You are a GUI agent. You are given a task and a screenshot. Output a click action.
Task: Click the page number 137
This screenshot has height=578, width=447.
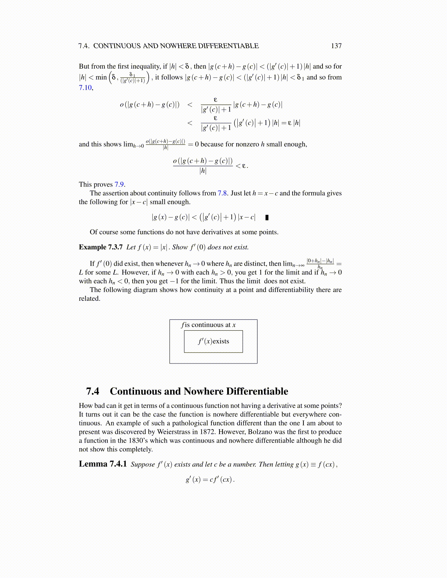coord(336,46)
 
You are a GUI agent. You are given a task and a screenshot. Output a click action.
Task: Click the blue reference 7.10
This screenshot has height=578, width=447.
coord(85,88)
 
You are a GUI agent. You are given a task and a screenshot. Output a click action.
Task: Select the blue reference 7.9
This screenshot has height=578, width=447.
coord(119,185)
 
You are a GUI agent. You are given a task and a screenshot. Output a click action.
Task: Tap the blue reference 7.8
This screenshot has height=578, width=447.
coord(222,193)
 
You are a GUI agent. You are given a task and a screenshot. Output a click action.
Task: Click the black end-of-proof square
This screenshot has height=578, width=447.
coord(267,217)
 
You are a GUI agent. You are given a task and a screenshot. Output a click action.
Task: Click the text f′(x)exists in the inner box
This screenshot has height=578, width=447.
coord(214,342)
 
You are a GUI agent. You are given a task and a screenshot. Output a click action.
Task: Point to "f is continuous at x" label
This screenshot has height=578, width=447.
coord(209,325)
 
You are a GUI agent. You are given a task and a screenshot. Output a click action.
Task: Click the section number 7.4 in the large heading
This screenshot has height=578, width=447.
coord(92,392)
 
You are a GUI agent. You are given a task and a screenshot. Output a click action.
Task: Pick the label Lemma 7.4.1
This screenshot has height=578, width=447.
coord(103,464)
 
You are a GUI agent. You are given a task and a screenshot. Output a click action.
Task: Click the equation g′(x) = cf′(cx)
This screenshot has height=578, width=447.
coord(210,479)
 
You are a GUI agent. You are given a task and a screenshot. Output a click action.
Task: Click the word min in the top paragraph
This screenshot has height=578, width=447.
coord(101,77)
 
